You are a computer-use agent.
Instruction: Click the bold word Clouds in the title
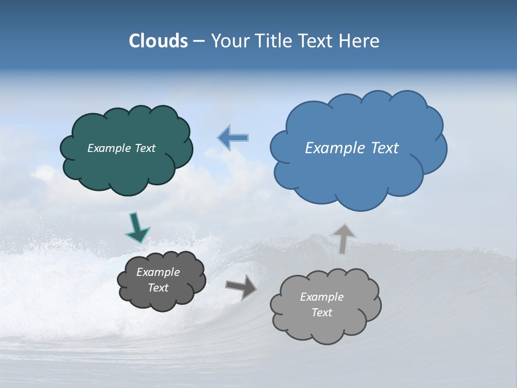[158, 41]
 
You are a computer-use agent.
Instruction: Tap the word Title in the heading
[273, 41]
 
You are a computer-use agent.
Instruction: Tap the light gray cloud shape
[326, 326]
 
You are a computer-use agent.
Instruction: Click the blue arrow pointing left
[233, 138]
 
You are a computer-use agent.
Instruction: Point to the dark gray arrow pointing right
[241, 287]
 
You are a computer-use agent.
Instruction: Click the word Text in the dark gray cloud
[158, 288]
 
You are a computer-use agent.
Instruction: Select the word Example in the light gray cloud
[322, 297]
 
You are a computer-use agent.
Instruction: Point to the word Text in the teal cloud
[145, 148]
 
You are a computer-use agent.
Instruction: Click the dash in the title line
[199, 41]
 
